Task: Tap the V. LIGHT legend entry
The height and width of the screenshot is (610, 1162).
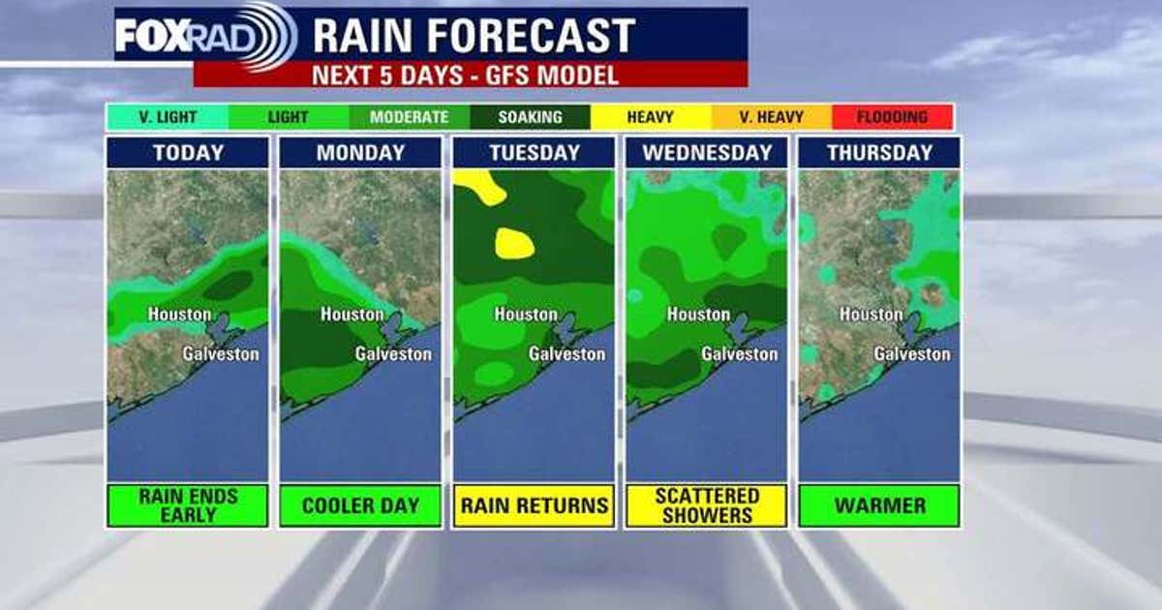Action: coord(167,117)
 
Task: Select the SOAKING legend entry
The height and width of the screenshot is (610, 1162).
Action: coord(530,117)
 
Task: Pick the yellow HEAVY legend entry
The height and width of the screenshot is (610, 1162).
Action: coord(651,117)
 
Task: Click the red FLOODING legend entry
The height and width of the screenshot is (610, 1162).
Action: coord(893,117)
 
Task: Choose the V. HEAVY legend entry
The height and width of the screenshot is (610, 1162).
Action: coord(772,117)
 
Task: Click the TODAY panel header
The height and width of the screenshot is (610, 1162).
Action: coord(188,153)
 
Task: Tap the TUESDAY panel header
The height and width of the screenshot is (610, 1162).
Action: coord(534,153)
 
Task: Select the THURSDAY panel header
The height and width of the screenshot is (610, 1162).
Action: coord(879,153)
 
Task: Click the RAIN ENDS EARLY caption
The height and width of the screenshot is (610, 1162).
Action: coord(188,505)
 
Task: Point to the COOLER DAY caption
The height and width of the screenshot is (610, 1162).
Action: coord(360,505)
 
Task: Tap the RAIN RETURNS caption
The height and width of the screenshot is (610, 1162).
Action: coord(534,505)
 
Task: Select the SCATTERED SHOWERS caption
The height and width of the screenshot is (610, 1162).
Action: coord(707,505)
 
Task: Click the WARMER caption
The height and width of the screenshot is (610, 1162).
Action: coord(879,505)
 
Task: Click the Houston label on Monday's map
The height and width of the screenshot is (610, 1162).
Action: coord(352,315)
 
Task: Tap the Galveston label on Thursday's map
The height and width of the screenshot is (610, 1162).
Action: coord(912,354)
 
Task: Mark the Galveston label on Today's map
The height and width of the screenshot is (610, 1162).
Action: coord(221,354)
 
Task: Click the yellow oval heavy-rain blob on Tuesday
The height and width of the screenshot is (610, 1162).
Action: coord(514,243)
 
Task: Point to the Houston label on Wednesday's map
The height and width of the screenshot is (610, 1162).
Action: coord(698,315)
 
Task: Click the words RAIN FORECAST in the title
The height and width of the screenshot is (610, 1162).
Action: coord(474,36)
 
